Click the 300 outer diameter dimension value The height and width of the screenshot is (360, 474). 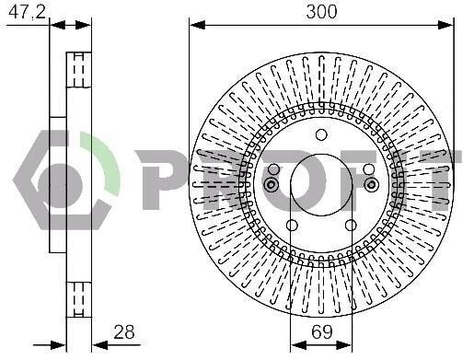pos(321,12)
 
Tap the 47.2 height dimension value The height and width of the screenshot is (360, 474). pos(27,12)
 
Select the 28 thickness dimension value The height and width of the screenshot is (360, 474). pos(124,331)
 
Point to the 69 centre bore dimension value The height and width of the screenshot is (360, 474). pos(321,331)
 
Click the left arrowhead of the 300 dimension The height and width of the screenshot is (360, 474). pos(197,25)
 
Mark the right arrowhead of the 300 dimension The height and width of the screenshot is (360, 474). pos(445,25)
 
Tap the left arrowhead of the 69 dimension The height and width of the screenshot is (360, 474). pos(298,345)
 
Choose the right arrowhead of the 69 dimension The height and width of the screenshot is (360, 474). pos(344,345)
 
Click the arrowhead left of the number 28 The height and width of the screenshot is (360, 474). pos(100,345)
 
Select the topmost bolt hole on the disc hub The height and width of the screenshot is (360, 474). pos(321,134)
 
